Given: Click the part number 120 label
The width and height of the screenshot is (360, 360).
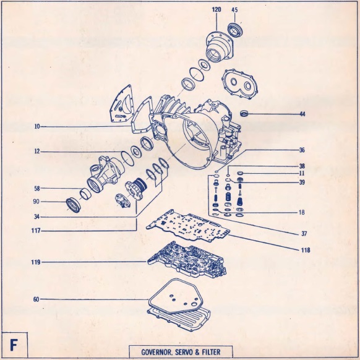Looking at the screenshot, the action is click(x=216, y=9).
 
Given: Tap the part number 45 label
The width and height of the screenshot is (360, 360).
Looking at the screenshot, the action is click(x=234, y=10).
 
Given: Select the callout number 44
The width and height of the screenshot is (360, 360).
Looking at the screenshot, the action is click(x=302, y=114).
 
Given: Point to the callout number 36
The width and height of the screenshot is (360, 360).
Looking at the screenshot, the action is click(x=302, y=150).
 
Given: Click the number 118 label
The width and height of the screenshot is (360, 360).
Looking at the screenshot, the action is click(x=306, y=250).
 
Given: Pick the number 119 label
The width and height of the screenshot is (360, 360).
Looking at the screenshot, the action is click(x=36, y=262).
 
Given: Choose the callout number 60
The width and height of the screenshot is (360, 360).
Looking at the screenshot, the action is click(x=36, y=299).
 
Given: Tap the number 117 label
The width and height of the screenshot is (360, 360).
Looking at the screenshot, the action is click(x=36, y=231).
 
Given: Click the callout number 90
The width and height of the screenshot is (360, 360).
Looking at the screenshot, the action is click(x=36, y=202).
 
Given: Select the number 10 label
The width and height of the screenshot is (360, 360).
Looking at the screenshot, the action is click(x=37, y=126).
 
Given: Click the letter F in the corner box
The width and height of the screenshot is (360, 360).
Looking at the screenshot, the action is click(x=14, y=345).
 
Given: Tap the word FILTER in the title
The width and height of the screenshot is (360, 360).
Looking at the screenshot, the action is click(x=211, y=352).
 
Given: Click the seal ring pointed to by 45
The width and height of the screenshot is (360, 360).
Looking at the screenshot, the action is click(x=234, y=29).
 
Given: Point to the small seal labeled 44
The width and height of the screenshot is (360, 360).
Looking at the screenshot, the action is click(x=244, y=113).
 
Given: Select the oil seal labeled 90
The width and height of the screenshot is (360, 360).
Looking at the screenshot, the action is click(x=74, y=204).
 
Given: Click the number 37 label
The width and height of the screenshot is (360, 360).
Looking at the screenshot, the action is click(x=304, y=234).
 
